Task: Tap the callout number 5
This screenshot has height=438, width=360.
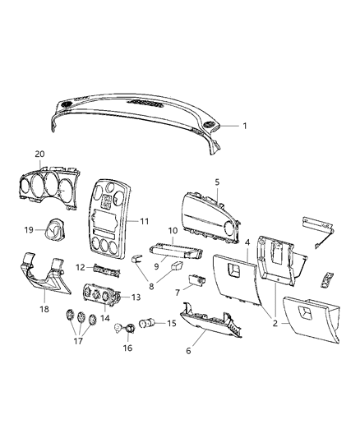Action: pyautogui.click(x=217, y=182)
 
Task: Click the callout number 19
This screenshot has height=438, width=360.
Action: pyautogui.click(x=27, y=231)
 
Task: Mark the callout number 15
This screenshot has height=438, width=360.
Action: pyautogui.click(x=172, y=323)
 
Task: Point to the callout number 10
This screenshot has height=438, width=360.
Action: pyautogui.click(x=173, y=230)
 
